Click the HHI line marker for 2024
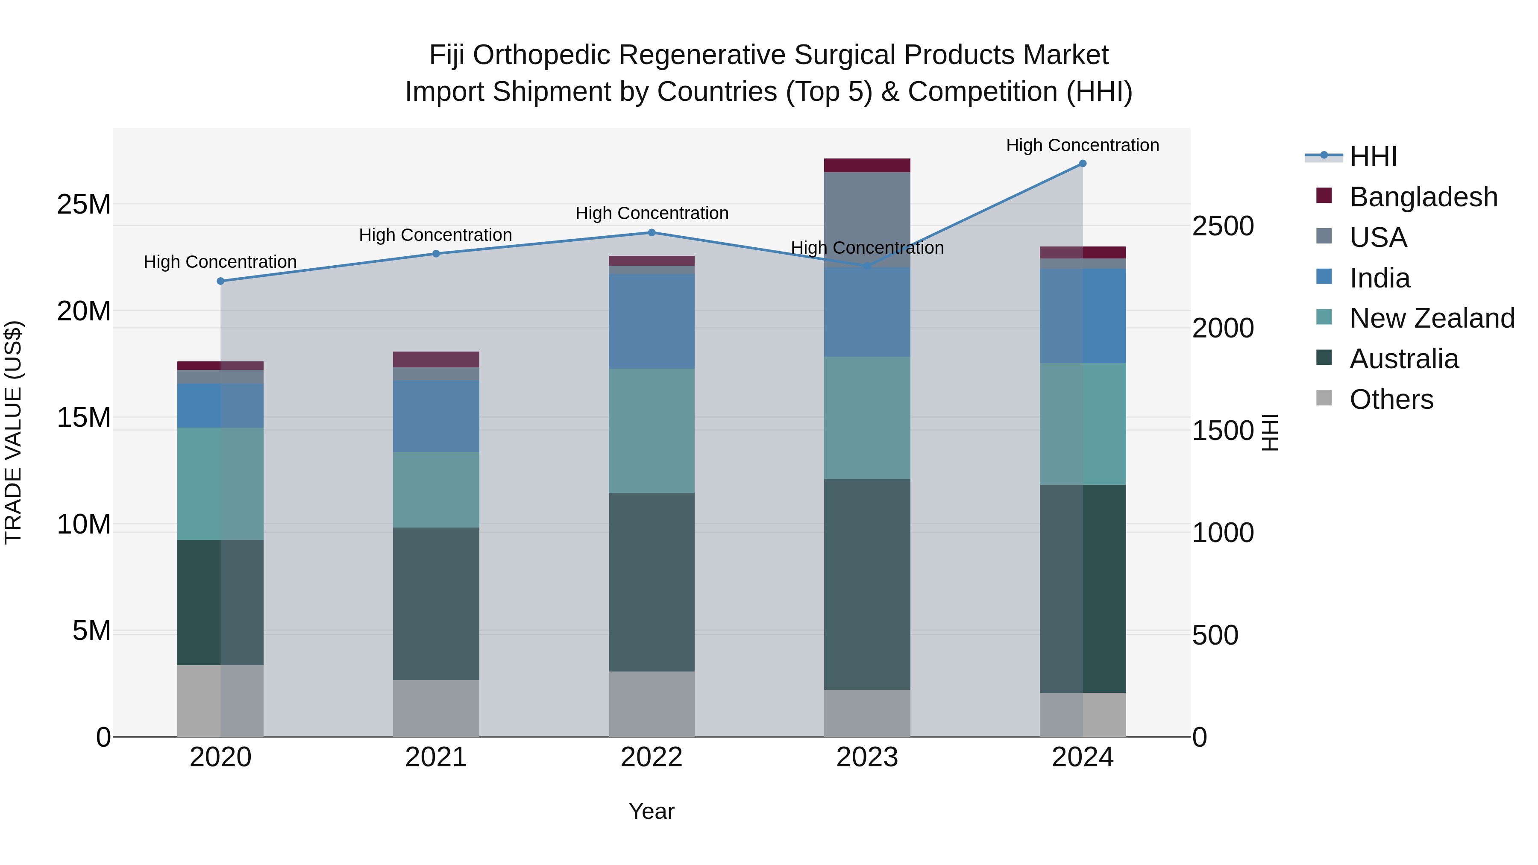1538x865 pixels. (x=1083, y=164)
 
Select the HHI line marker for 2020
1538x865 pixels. (x=220, y=281)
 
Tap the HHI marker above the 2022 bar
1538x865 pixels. (x=652, y=233)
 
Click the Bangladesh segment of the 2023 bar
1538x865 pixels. (x=867, y=165)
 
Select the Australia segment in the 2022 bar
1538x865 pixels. (x=652, y=582)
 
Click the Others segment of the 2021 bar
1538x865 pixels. (x=436, y=708)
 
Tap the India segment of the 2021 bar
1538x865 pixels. (x=436, y=416)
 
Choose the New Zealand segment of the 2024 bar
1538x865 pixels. (x=1083, y=424)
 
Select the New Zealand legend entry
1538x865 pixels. (x=1431, y=318)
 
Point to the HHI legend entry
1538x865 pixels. (x=1373, y=156)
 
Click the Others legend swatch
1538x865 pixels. (x=1324, y=398)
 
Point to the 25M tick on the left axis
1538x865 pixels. (x=84, y=205)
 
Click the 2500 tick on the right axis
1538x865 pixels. (x=1223, y=226)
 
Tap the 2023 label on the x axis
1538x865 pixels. (x=867, y=757)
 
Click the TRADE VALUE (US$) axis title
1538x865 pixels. (x=13, y=432)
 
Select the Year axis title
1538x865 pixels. (x=652, y=811)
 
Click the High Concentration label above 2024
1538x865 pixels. (x=1083, y=145)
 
